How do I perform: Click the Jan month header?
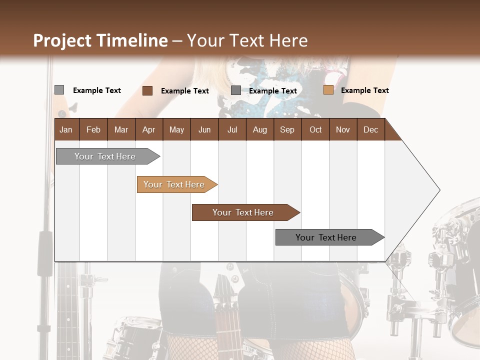pos(66,129)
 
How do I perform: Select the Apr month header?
pos(148,129)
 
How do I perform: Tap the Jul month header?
pos(232,129)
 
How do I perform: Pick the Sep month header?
pos(287,129)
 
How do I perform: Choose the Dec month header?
pos(370,129)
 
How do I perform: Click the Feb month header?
pos(93,129)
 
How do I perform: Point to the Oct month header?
pos(315,129)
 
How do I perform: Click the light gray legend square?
pos(59,90)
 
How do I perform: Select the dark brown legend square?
pos(147,90)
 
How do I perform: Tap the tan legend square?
pos(328,90)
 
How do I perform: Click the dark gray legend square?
pos(236,90)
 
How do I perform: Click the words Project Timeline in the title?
pos(100,40)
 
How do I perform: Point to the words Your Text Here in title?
pos(247,40)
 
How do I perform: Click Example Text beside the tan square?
pos(364,90)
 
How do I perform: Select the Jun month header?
pos(204,129)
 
